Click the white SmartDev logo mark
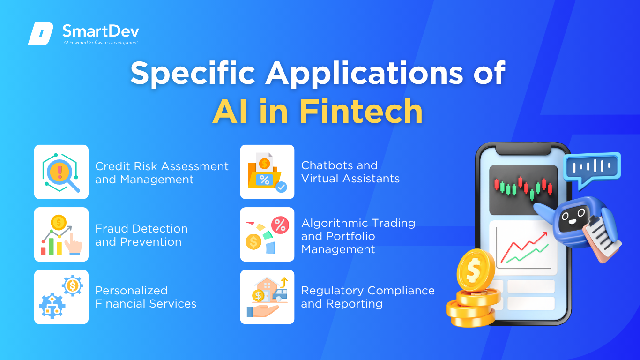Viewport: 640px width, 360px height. point(41,33)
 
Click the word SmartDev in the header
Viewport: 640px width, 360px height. point(101,31)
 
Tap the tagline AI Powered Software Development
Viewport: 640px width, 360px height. point(101,43)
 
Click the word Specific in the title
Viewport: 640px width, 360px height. point(193,74)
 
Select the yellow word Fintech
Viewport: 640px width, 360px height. point(361,111)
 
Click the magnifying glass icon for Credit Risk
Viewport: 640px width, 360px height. point(61,172)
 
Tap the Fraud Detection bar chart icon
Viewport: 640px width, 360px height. point(61,235)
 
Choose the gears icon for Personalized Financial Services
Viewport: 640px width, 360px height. point(61,297)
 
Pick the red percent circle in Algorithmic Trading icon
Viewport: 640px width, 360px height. point(280,225)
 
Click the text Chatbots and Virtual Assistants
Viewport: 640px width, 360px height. point(350,172)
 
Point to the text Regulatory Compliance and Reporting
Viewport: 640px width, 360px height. point(368,297)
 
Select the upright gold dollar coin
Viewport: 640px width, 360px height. point(476,270)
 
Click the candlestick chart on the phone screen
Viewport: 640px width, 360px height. point(523,189)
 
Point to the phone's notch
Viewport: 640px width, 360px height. point(523,150)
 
